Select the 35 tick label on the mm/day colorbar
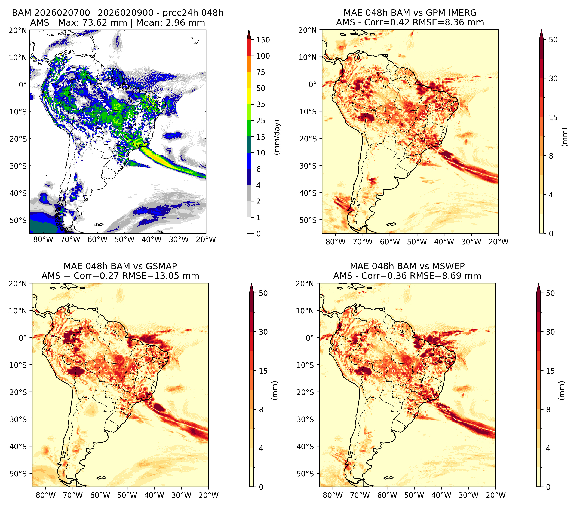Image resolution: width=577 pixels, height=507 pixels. tap(260, 104)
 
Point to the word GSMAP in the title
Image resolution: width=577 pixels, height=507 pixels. tap(161, 266)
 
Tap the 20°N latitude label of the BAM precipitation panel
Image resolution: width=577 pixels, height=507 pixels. tap(17, 30)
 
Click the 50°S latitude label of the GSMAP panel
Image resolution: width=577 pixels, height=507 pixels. tap(18, 473)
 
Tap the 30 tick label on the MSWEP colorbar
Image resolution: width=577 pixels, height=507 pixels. tap(550, 332)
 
